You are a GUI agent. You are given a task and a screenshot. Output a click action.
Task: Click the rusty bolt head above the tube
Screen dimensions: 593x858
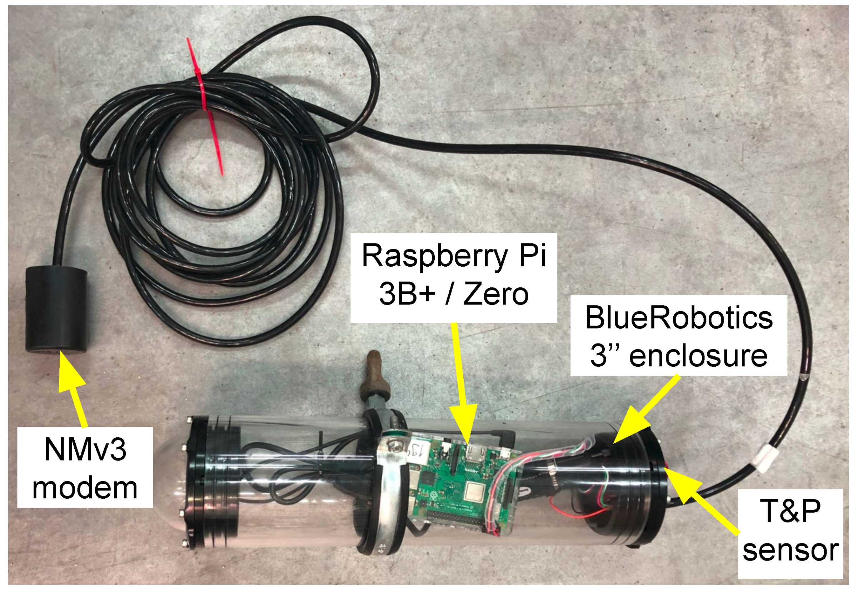tap(374, 372)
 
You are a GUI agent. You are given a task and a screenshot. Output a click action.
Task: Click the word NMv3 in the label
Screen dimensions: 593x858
tap(85, 449)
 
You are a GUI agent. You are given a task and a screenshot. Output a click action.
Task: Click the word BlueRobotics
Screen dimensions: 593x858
tap(678, 318)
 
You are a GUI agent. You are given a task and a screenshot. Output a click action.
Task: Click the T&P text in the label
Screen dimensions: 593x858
tap(790, 511)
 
